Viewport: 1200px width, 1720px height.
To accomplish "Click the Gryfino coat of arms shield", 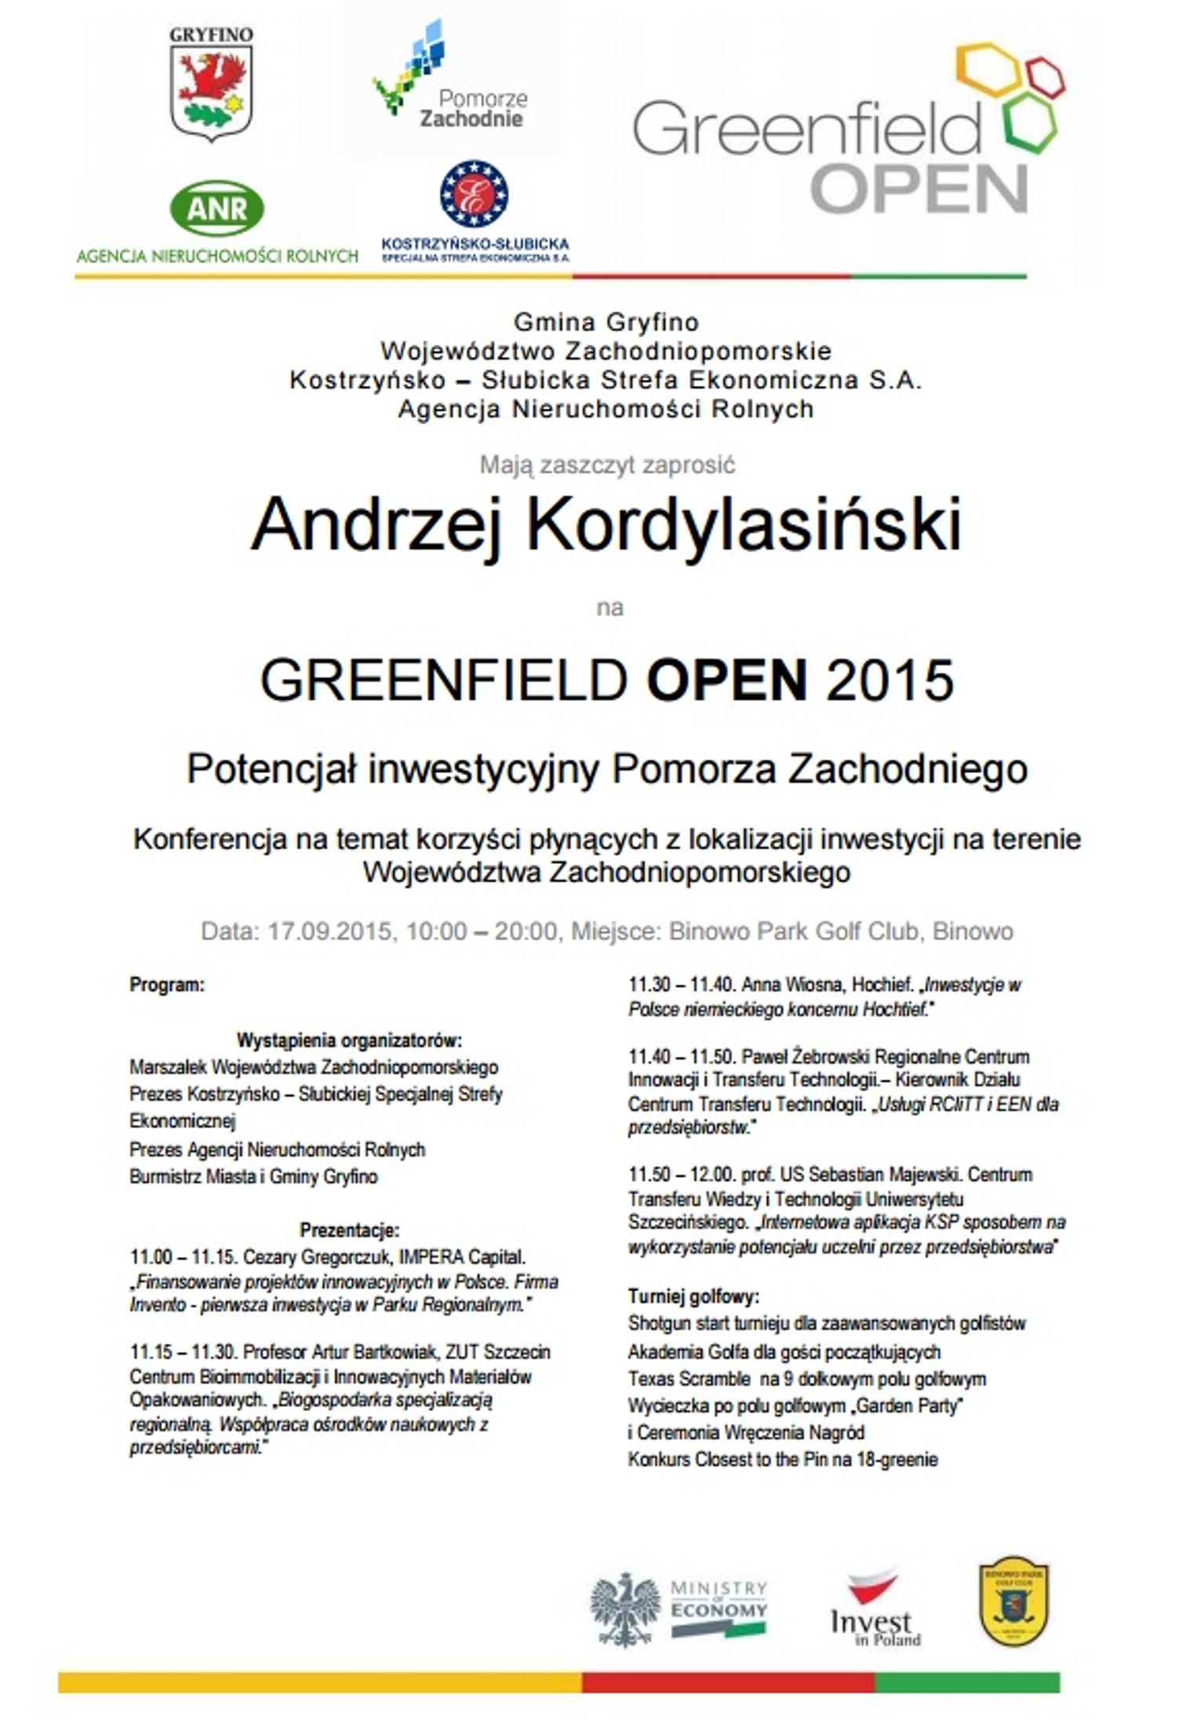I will pos(211,92).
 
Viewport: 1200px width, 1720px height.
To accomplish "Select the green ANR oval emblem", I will pos(217,208).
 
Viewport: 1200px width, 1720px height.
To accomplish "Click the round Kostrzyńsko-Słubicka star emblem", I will pos(474,194).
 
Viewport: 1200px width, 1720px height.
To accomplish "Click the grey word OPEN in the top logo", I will pos(918,188).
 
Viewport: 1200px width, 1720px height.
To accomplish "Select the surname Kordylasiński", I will pos(743,524).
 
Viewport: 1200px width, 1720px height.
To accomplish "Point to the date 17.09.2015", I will pos(329,931).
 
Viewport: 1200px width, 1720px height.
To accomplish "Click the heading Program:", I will pos(167,985).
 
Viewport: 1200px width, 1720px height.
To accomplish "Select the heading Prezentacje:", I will pos(349,1230).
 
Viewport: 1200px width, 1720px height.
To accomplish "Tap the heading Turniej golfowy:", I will pos(693,1297).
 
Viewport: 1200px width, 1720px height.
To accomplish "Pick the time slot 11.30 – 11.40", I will pos(681,985).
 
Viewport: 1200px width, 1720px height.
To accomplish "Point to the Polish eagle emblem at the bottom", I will pos(625,1609).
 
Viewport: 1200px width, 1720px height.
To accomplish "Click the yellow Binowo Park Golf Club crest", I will pos(1013,1602).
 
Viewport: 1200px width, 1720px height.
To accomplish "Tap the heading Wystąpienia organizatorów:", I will pos(349,1040).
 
